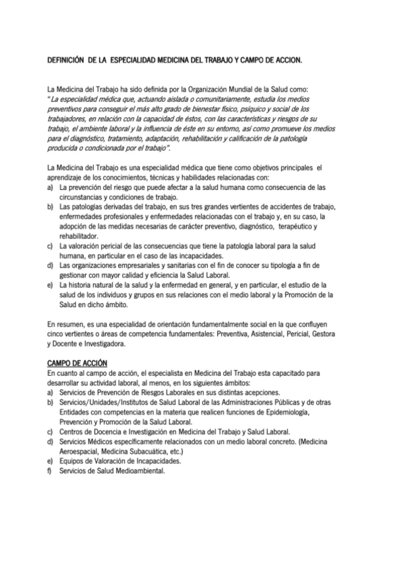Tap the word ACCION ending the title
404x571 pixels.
click(287, 60)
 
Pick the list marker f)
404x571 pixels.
click(50, 471)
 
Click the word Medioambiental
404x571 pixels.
click(138, 471)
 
